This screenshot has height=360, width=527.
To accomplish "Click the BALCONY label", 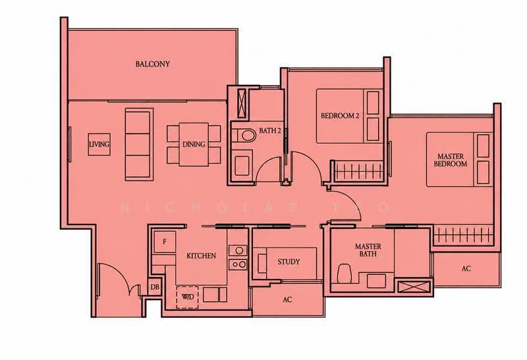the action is [x=153, y=64].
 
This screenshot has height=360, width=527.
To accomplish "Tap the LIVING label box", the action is [x=99, y=144].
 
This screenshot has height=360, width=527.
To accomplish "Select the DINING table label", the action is [x=194, y=144].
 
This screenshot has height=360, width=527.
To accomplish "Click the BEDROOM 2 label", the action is [x=340, y=116].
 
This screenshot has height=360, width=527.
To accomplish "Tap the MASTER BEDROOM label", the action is [x=451, y=160].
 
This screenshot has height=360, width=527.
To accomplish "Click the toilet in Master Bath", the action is [x=344, y=273].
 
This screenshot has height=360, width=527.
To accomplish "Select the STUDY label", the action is [x=289, y=261].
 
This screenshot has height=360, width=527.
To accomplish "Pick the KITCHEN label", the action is [x=202, y=256].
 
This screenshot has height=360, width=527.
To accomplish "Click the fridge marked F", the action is [x=164, y=242].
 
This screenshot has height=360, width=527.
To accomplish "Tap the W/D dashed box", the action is [x=188, y=297].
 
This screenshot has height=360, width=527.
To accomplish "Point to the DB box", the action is [x=155, y=287].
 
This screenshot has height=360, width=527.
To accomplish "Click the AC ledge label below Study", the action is [x=287, y=299].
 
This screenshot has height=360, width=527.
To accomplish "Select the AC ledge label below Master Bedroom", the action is [x=466, y=269].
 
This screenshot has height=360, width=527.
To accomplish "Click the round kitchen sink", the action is [x=238, y=250].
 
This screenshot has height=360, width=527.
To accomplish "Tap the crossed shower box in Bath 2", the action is [x=241, y=104].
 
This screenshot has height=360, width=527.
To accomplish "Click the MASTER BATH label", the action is [x=368, y=250].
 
